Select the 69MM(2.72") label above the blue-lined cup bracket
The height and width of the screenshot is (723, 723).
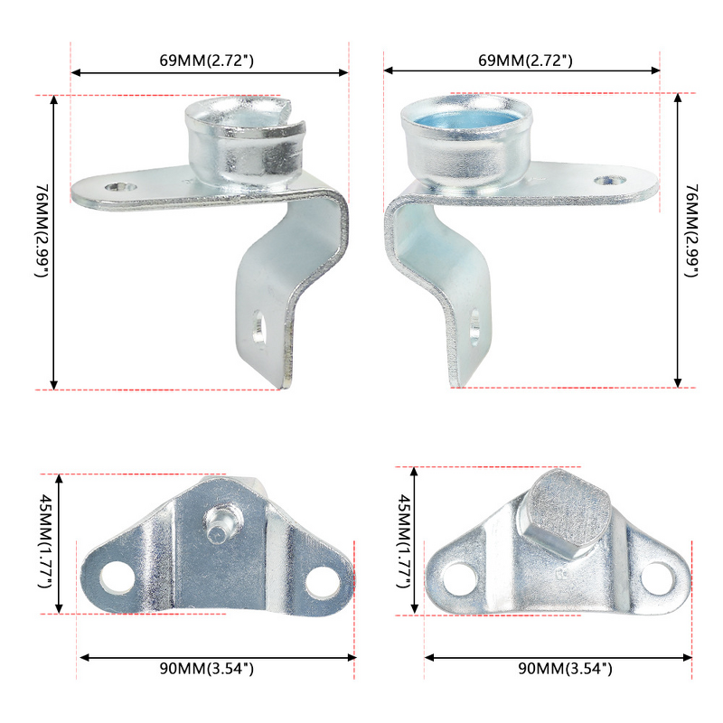[525, 61]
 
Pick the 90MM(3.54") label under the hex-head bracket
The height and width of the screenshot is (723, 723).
[565, 669]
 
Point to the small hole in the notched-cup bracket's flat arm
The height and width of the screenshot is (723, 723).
[118, 186]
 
